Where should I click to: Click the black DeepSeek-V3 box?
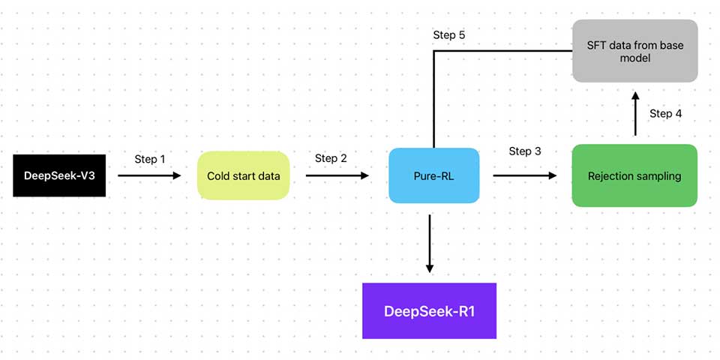[59, 175]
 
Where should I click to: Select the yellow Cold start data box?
[243, 175]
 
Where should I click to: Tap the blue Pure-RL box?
[433, 175]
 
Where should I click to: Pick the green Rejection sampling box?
[634, 175]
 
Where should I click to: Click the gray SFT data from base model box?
[634, 51]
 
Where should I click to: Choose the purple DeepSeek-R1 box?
[429, 310]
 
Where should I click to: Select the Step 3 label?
[525, 151]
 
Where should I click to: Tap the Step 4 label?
[665, 113]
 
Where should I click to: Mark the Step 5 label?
[449, 35]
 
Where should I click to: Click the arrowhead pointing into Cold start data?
[178, 175]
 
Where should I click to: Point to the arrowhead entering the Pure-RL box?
[365, 175]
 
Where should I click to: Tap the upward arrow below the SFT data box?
[634, 112]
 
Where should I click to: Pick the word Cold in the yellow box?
[219, 176]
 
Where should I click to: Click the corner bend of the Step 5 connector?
[434, 51]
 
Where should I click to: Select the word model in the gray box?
[634, 58]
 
